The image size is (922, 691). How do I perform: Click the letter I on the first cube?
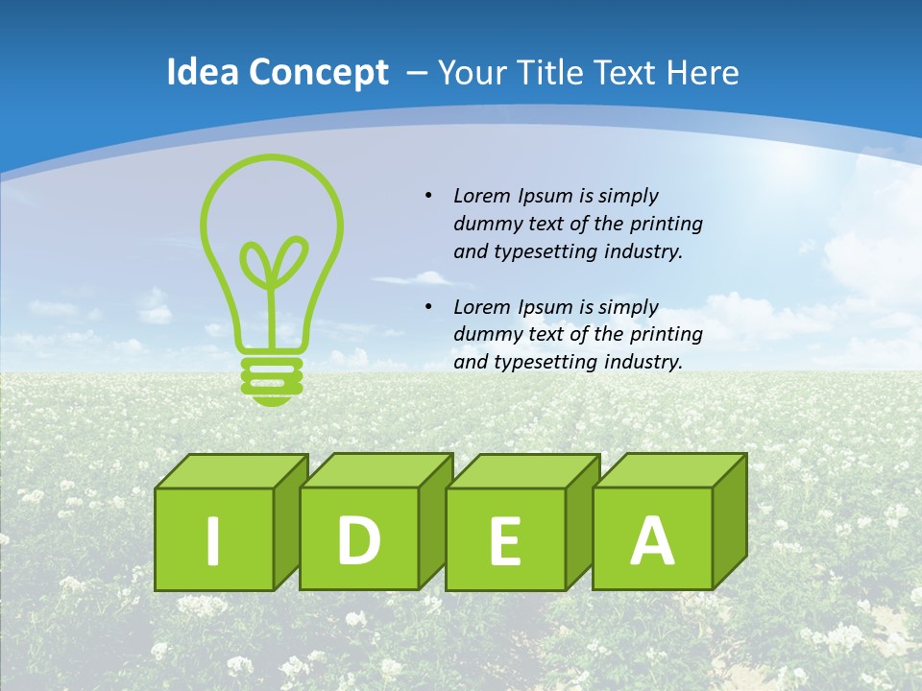[x=213, y=540]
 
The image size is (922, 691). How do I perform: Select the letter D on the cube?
[x=358, y=539]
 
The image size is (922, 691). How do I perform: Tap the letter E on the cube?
[x=504, y=540]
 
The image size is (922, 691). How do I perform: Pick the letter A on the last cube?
[x=651, y=539]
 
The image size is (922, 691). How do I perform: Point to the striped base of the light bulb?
[x=272, y=376]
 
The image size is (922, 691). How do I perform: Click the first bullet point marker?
[x=428, y=196]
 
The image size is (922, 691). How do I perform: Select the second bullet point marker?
[x=428, y=307]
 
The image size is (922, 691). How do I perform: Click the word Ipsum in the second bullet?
[x=546, y=307]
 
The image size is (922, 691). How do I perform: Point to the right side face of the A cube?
[x=729, y=523]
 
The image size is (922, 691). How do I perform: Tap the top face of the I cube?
[x=230, y=470]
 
